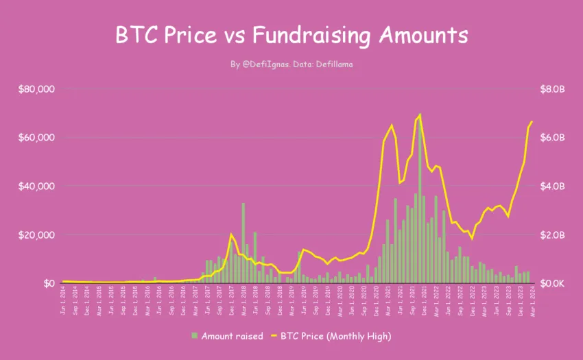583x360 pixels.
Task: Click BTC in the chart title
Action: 137,35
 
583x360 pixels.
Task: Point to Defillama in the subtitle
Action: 333,64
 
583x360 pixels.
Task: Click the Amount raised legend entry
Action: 228,336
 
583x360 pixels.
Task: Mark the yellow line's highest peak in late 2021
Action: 420,115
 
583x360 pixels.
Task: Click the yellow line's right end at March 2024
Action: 532,121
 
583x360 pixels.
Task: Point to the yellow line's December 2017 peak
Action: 231,235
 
